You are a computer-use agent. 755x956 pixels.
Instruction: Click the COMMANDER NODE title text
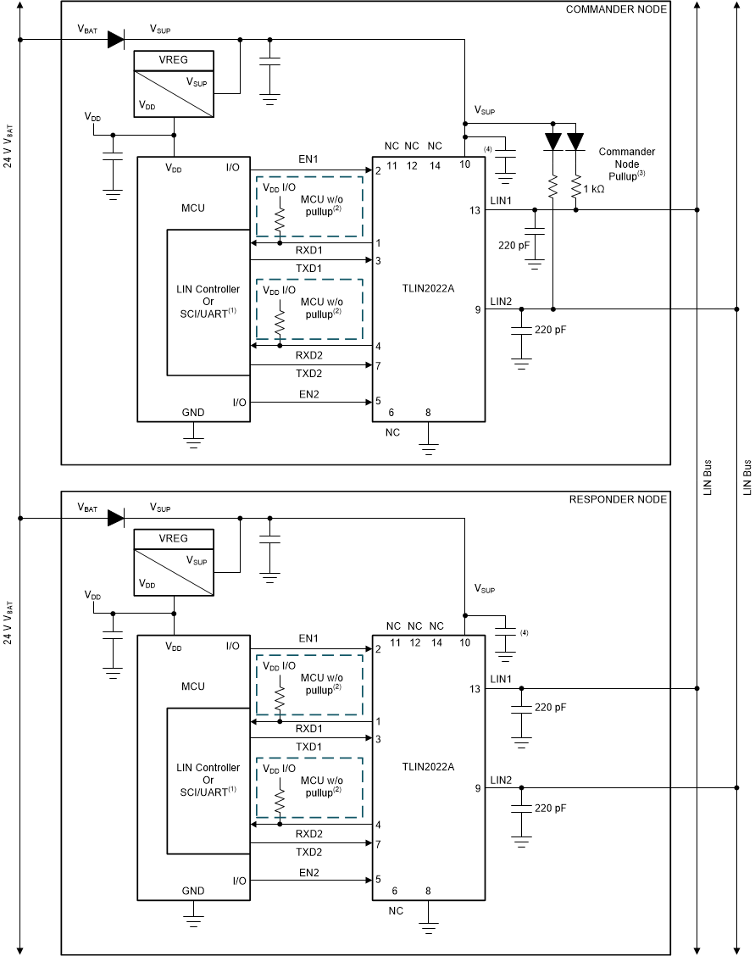[x=615, y=9]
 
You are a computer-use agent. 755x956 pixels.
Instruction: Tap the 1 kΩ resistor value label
[x=593, y=191]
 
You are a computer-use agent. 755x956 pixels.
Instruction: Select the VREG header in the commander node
[x=174, y=60]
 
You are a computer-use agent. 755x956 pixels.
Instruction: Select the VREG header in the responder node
[x=174, y=538]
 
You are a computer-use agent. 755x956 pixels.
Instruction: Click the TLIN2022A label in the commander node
[x=429, y=288]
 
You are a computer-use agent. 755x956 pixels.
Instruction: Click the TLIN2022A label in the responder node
[x=429, y=766]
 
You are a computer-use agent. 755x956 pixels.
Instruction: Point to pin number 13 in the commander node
[x=476, y=210]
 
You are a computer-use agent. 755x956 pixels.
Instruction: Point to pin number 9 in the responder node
[x=478, y=788]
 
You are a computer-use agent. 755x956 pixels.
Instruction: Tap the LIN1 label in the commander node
[x=501, y=200]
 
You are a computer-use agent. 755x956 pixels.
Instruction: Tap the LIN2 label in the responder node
[x=501, y=780]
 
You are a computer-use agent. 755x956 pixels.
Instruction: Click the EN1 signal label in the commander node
[x=308, y=158]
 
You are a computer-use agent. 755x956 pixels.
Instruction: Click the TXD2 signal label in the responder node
[x=308, y=852]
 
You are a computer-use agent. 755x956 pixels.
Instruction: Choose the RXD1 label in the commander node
[x=308, y=251]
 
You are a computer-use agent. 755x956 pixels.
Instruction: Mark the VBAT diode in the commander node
[x=116, y=39]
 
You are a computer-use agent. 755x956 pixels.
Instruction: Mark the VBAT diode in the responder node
[x=116, y=517]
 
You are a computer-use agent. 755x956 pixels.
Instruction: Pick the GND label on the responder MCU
[x=193, y=891]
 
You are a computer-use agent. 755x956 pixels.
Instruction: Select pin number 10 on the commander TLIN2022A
[x=465, y=164]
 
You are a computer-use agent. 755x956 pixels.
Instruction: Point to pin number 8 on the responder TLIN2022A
[x=428, y=891]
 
